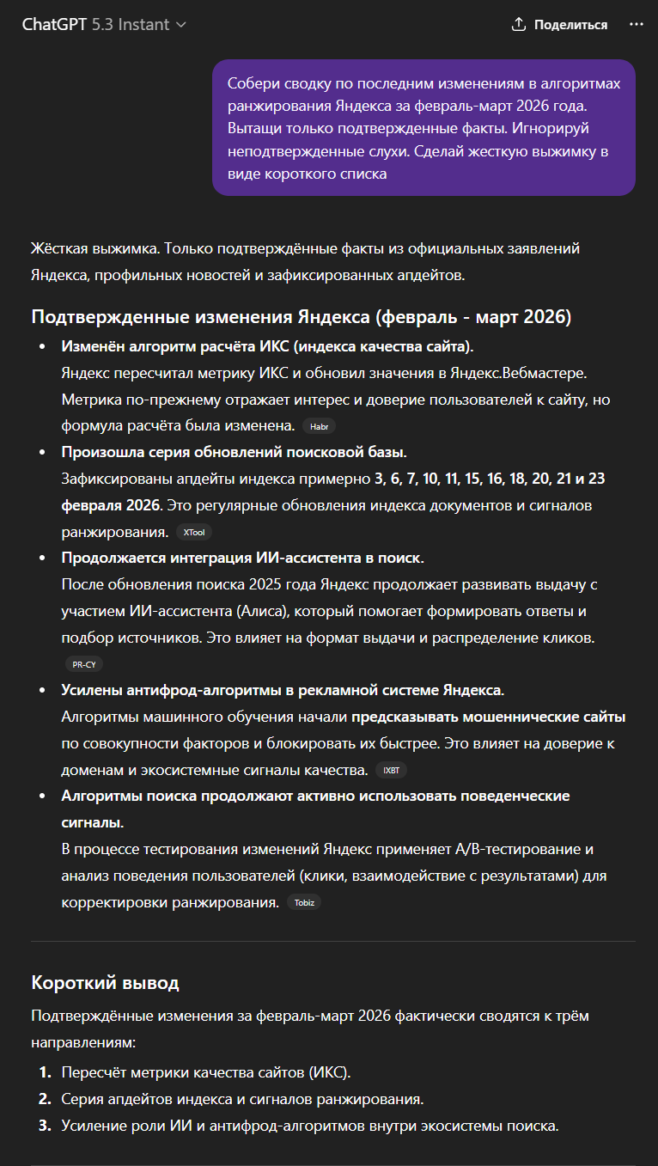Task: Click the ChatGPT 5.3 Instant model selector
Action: tap(104, 25)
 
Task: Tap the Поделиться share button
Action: tap(559, 25)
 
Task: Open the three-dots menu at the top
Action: tap(636, 25)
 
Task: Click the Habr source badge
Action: tap(319, 426)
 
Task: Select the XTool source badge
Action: tap(193, 533)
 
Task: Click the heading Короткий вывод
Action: tap(105, 982)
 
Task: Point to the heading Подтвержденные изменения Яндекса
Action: tap(301, 316)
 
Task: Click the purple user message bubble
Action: tap(423, 128)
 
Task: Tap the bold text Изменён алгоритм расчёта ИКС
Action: tap(267, 346)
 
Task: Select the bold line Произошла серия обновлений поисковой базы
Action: tap(234, 452)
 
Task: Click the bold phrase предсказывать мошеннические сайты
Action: tap(488, 717)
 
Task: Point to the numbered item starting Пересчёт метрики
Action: tap(206, 1072)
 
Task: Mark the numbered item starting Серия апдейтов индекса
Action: tap(242, 1099)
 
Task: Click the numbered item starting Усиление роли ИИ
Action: tap(310, 1126)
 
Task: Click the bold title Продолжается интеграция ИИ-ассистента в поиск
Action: tap(242, 559)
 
